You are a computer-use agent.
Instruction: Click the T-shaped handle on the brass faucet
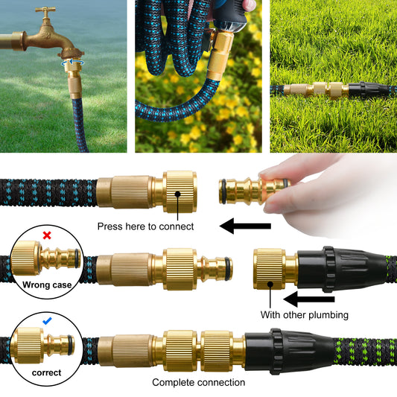45,10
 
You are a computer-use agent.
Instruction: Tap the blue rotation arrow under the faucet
73,63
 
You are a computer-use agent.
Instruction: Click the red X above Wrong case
47,235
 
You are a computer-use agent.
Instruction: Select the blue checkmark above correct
47,321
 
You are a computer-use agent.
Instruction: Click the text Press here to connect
145,226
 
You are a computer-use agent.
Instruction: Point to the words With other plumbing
305,315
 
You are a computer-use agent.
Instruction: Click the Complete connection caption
198,382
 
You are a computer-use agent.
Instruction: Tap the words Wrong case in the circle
47,285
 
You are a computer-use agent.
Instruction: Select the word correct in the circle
47,372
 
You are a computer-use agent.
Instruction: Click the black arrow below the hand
245,226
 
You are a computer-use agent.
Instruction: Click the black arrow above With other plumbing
309,299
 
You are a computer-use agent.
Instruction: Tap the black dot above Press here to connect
178,194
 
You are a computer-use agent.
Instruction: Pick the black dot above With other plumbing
270,285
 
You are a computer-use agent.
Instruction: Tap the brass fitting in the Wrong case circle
46,258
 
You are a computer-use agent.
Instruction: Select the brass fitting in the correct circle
42,345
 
